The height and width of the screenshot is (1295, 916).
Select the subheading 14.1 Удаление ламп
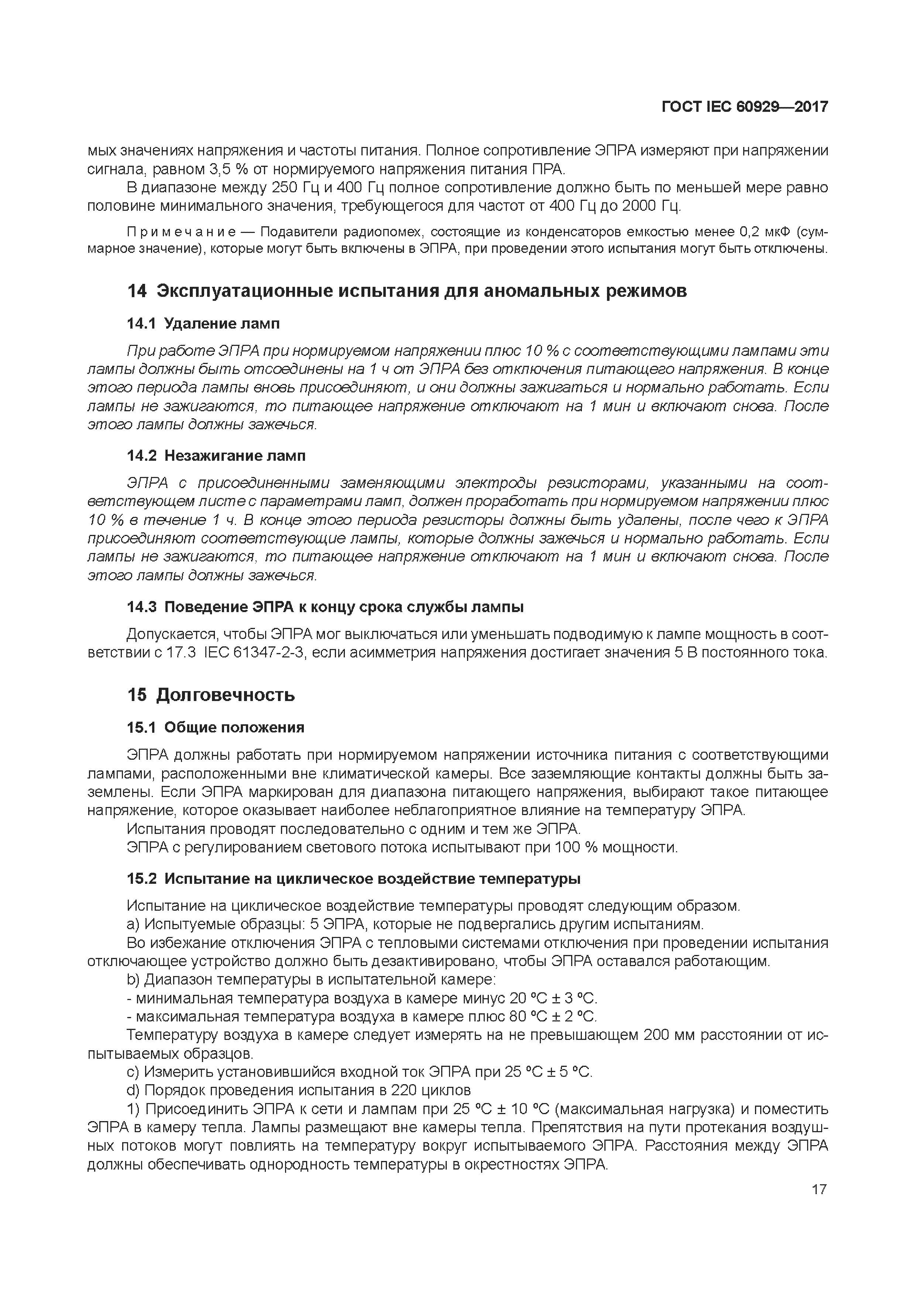point(203,324)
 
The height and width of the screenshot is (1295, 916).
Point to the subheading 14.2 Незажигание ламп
point(216,456)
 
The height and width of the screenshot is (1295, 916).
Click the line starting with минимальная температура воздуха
point(361,998)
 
